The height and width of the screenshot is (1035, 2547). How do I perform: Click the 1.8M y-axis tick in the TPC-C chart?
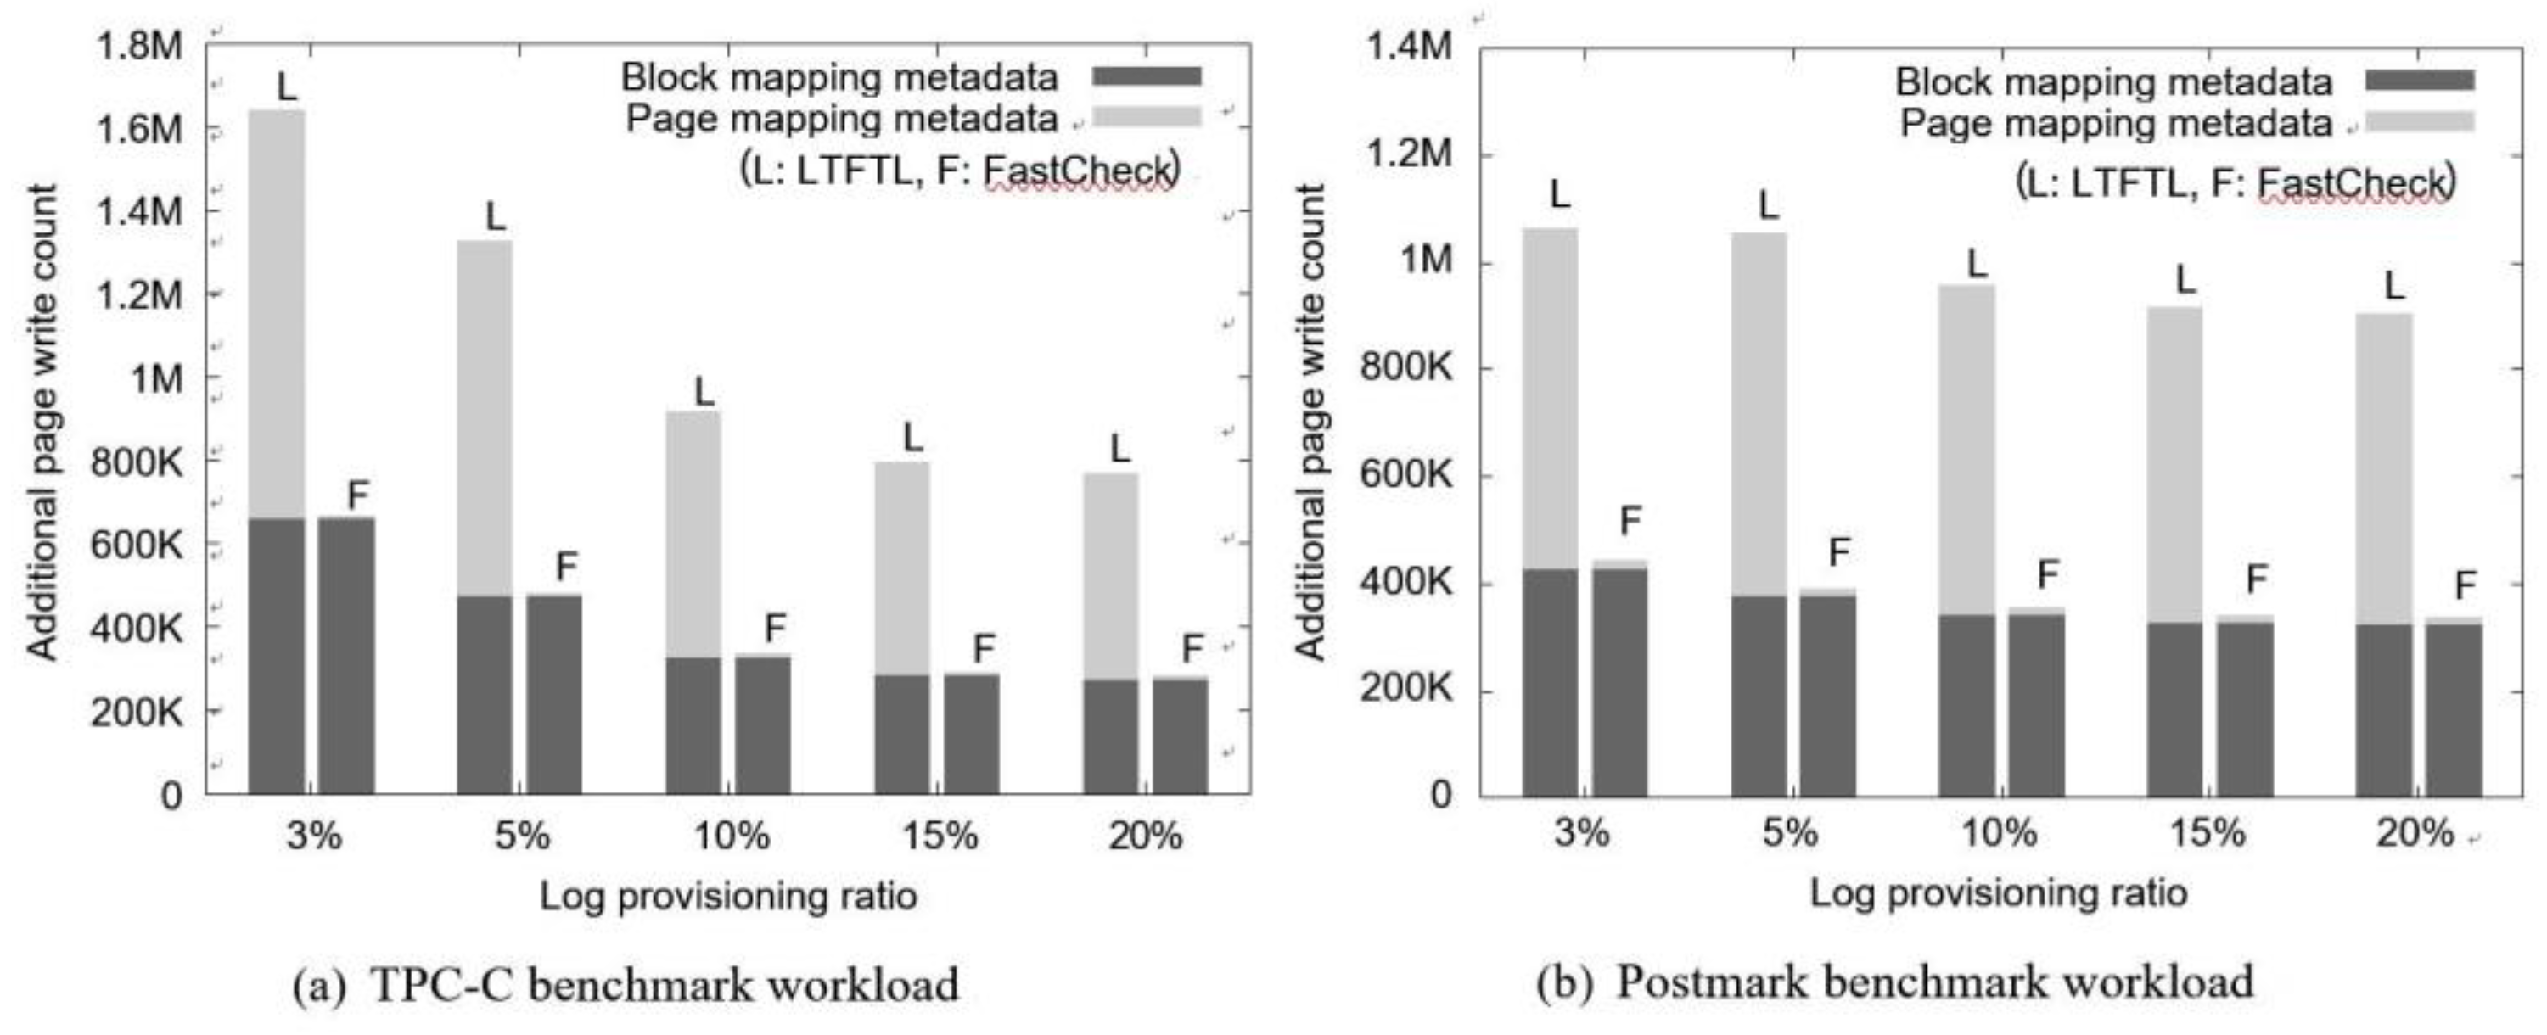tap(138, 46)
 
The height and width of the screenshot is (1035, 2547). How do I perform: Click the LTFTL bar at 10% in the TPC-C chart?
tap(693, 602)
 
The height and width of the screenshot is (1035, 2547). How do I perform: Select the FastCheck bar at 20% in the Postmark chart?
tap(2453, 707)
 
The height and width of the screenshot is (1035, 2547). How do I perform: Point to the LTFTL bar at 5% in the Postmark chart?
tap(1759, 514)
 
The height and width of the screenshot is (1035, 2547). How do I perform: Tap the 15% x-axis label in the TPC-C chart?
tap(940, 836)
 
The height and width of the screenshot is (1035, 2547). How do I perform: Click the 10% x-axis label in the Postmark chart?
tap(1998, 833)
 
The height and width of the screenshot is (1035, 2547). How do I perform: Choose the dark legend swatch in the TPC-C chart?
tap(1146, 76)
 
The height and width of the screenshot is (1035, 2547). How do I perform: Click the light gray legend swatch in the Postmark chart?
tap(2419, 121)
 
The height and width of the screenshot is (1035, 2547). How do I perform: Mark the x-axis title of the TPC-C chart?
tap(727, 896)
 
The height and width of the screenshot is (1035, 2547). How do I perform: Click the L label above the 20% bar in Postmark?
tap(2393, 287)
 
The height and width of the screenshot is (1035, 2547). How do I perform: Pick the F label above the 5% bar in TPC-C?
tap(565, 567)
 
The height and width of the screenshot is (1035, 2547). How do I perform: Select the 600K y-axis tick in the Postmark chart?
tap(1406, 475)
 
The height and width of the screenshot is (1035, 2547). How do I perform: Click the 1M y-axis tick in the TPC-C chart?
tap(156, 378)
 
